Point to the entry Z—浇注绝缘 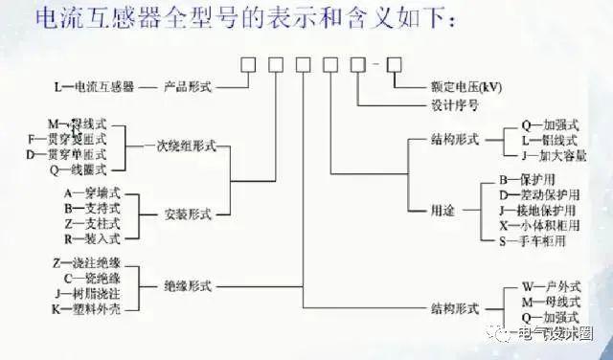pos(87,261)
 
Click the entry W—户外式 pos(552,285)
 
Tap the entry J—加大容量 pos(553,155)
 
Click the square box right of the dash pos(394,64)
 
